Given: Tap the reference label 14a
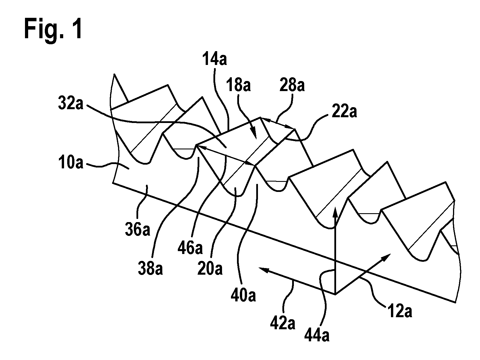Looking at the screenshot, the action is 214,59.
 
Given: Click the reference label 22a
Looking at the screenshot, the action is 344,112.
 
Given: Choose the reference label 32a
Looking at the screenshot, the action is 71,103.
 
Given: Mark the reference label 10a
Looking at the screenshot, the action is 71,163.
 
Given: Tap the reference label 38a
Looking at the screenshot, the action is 150,268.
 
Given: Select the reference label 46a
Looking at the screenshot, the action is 190,248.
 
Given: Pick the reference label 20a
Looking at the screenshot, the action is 210,269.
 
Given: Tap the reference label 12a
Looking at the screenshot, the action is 400,311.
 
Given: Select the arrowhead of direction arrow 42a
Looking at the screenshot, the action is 259,267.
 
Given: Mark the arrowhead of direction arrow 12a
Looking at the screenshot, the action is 391,254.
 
